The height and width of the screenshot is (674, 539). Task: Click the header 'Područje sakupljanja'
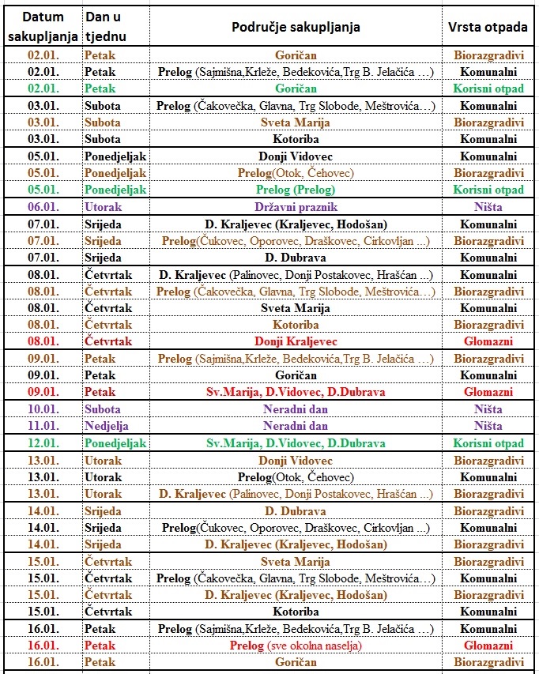(296, 27)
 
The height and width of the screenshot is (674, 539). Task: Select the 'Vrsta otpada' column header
(488, 27)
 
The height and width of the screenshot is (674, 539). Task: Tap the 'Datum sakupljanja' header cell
(43, 27)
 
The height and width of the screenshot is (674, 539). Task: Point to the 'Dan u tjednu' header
(105, 27)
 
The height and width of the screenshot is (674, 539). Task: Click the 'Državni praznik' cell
(296, 207)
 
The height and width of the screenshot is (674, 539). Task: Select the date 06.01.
(43, 207)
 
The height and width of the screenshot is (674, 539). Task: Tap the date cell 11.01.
(43, 426)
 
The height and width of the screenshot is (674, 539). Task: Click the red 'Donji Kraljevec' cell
(296, 341)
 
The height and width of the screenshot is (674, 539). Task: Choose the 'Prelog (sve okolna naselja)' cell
(296, 646)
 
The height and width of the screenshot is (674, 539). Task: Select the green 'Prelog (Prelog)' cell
(296, 190)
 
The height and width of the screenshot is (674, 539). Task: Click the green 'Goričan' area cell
(296, 88)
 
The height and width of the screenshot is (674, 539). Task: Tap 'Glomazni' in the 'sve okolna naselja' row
(488, 646)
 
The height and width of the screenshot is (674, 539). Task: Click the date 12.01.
(43, 443)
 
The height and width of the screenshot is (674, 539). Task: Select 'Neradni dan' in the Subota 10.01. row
(296, 409)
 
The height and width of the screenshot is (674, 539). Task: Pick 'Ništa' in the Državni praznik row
(488, 207)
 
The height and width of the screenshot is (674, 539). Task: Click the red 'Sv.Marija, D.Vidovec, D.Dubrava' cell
(296, 392)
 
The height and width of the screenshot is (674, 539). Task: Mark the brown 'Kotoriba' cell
(296, 325)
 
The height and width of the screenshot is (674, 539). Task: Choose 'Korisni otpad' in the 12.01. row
(488, 443)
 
